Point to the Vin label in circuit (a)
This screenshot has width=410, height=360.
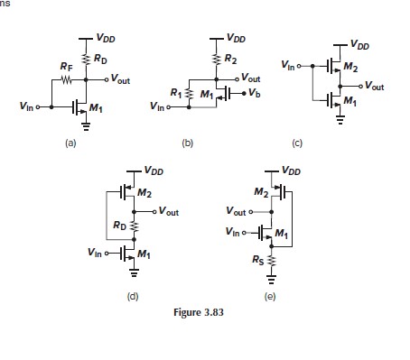pyautogui.click(x=27, y=107)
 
